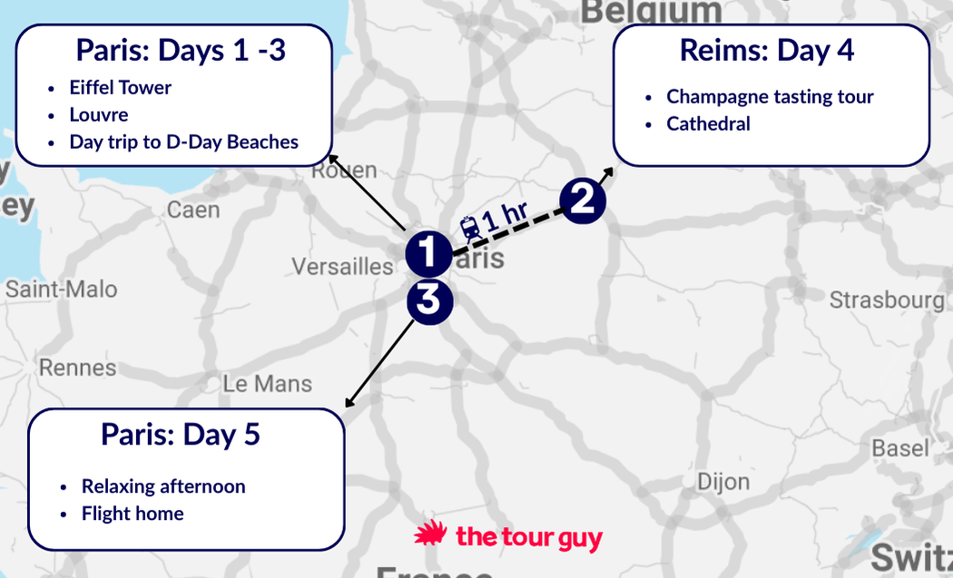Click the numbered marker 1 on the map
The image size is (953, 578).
(x=428, y=253)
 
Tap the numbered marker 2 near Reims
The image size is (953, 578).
(x=582, y=200)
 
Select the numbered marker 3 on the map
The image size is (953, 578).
(x=428, y=300)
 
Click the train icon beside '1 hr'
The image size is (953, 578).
(x=469, y=227)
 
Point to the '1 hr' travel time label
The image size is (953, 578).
(x=506, y=217)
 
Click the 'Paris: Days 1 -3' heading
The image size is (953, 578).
(x=181, y=50)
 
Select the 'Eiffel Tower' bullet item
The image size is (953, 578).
(x=120, y=88)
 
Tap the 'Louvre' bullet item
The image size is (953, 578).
(x=99, y=115)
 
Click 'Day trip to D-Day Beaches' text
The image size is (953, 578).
(x=183, y=142)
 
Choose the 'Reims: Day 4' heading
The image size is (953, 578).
(x=767, y=51)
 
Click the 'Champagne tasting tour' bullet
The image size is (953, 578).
(x=770, y=96)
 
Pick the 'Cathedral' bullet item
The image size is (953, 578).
(x=708, y=123)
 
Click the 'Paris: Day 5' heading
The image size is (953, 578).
(x=181, y=435)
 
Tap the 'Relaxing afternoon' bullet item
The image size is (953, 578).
(x=163, y=486)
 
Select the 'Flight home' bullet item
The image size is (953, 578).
(x=133, y=514)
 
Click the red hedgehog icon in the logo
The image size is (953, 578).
(x=430, y=535)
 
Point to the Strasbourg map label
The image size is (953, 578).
(x=887, y=299)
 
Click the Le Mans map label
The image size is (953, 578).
(x=267, y=384)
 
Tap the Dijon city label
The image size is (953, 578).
(x=722, y=481)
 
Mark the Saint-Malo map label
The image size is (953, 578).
(x=62, y=289)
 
